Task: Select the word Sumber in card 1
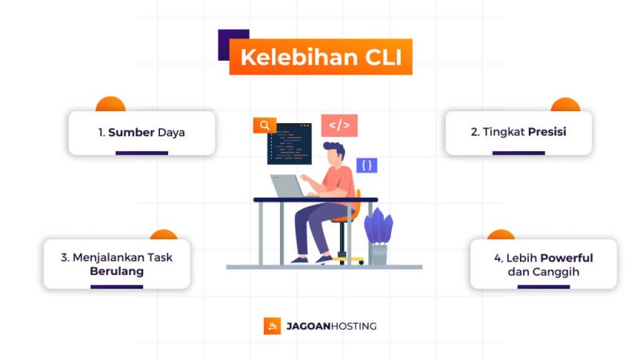[131, 132]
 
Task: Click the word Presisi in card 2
[547, 131]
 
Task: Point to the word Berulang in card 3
[117, 271]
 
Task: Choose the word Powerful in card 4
[566, 258]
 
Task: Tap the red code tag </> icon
[339, 126]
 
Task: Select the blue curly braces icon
[366, 166]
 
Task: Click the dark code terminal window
[289, 143]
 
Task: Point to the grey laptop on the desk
[286, 186]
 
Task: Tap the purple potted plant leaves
[378, 226]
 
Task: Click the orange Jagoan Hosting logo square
[272, 326]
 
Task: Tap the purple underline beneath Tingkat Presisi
[518, 152]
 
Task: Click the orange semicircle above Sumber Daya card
[110, 104]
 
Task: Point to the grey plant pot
[378, 254]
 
